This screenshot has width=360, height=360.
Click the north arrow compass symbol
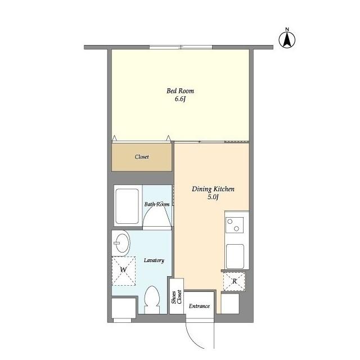click(287, 38)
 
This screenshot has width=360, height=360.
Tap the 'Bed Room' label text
click(180, 91)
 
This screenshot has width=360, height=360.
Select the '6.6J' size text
click(180, 99)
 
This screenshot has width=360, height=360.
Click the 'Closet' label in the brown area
click(142, 157)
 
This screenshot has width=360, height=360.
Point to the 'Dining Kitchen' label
click(213, 189)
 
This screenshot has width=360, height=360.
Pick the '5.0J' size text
click(213, 197)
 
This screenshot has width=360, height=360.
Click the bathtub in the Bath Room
click(127, 206)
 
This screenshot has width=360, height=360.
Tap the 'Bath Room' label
click(157, 204)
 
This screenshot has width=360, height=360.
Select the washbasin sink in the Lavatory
click(121, 243)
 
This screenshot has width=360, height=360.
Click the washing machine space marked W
click(124, 271)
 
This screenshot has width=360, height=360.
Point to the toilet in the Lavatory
click(152, 299)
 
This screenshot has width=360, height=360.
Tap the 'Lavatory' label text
click(154, 260)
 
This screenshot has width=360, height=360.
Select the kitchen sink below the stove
click(235, 256)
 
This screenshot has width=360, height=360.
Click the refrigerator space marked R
click(234, 281)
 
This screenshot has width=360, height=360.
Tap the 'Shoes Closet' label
click(177, 297)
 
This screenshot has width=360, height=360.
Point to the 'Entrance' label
click(199, 306)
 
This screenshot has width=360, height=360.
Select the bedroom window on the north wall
click(181, 47)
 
